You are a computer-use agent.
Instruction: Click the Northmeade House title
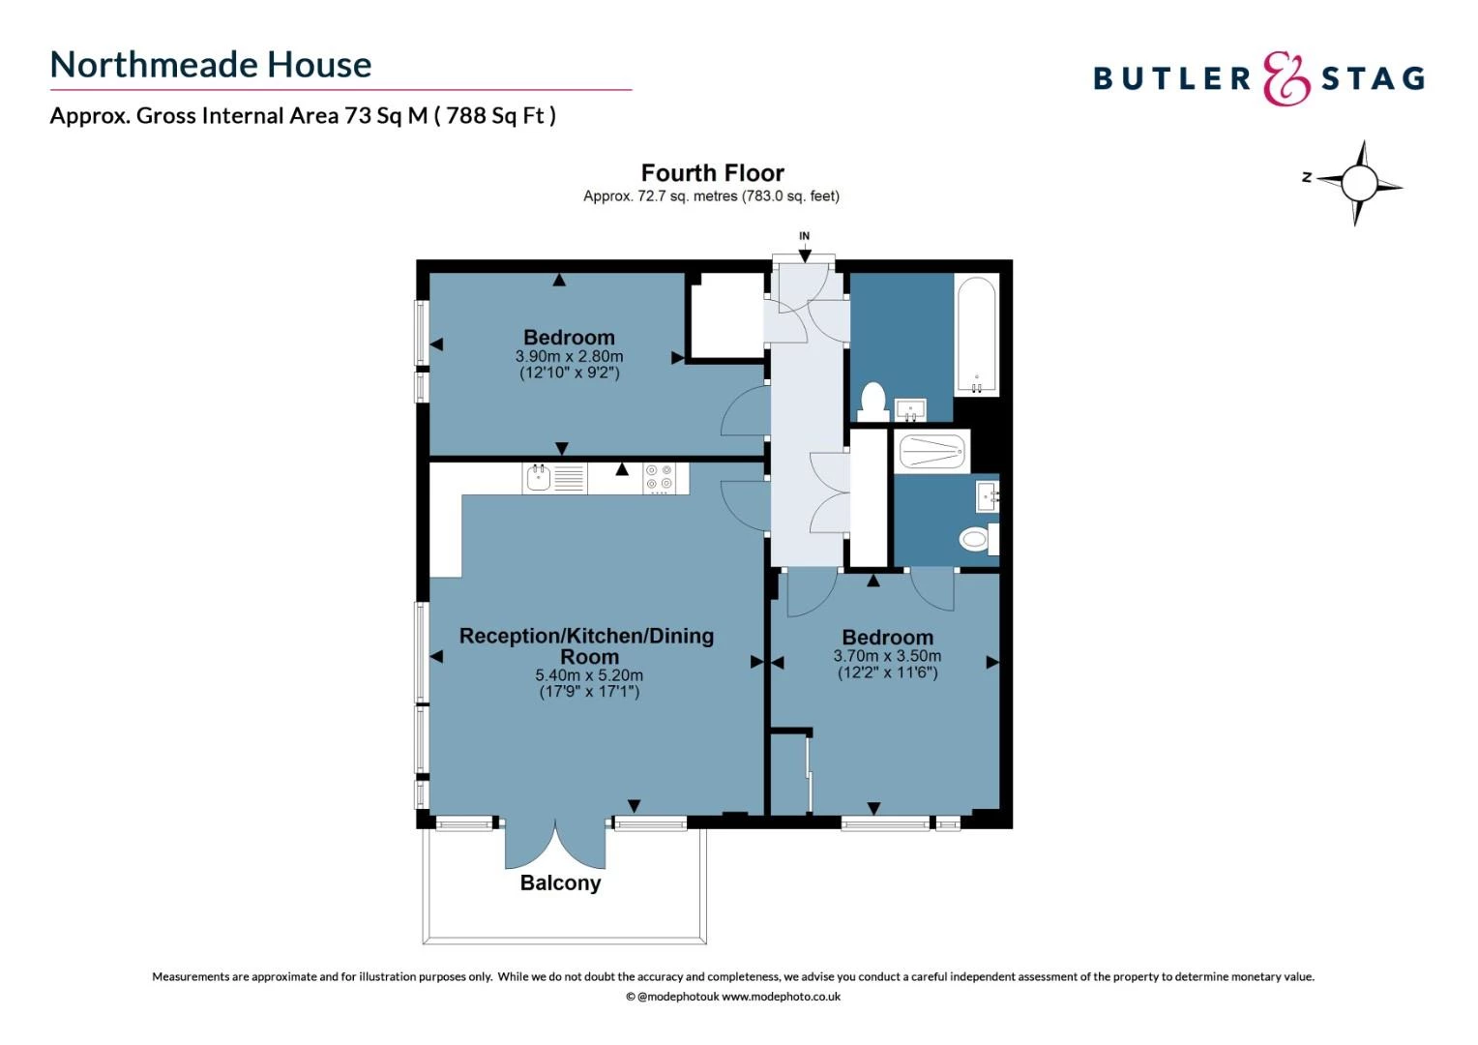211,65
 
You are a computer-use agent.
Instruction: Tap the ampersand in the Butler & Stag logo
1286,78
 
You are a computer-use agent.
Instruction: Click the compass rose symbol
1358,182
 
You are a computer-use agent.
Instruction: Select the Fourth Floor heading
712,173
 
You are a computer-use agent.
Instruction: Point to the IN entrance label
804,236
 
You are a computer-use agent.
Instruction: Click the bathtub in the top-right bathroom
976,335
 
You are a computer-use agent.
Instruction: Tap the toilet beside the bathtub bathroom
872,401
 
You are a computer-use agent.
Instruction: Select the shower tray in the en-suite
931,452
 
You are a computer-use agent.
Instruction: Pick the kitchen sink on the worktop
538,477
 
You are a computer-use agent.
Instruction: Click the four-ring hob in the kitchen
659,478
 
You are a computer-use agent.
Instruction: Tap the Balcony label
560,882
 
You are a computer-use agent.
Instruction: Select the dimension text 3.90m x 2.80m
569,356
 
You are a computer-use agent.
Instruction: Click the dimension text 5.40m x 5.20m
589,675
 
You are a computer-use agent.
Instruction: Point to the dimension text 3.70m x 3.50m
887,656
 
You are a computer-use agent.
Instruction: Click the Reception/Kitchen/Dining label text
586,636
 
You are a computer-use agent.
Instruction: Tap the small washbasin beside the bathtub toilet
909,411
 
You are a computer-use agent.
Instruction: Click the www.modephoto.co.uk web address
781,997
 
